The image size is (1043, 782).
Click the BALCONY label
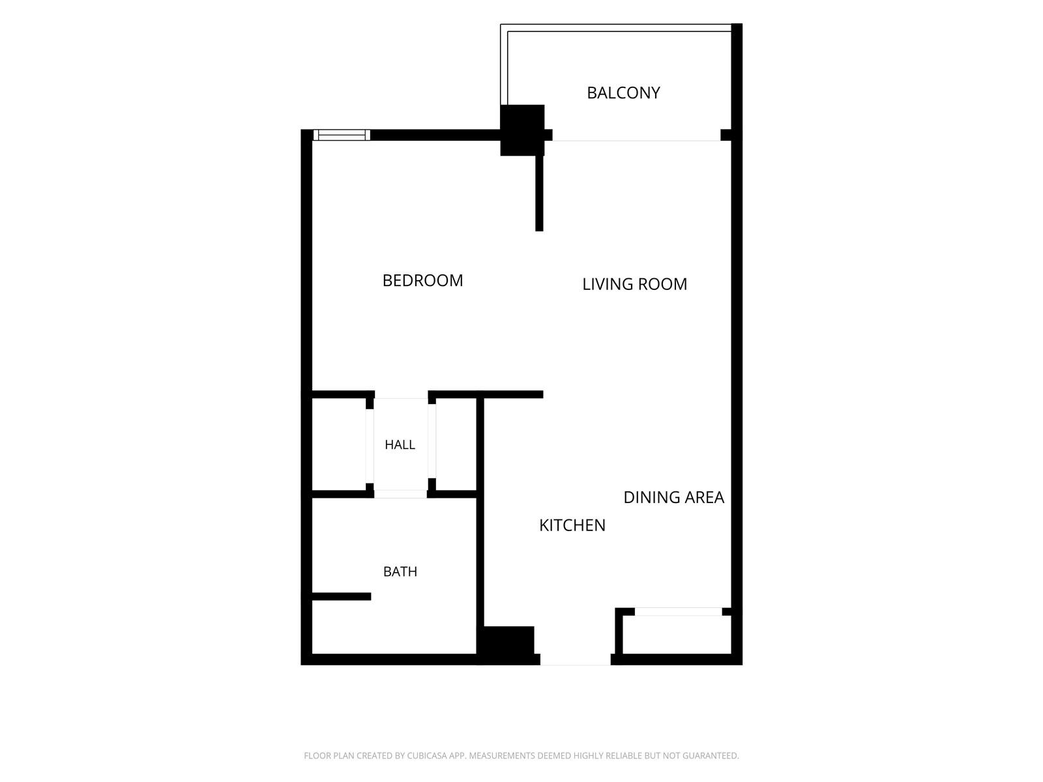click(x=623, y=93)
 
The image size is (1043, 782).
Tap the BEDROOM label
click(x=422, y=281)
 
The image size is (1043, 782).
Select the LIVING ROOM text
click(x=634, y=284)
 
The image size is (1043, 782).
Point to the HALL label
click(x=400, y=444)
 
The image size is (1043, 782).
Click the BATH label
click(x=400, y=572)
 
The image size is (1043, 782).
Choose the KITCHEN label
click(x=572, y=525)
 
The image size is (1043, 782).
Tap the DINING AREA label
click(x=673, y=497)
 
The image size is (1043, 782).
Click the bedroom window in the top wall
click(x=342, y=135)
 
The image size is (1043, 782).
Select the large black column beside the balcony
click(x=522, y=130)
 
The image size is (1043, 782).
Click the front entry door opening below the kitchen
click(x=576, y=659)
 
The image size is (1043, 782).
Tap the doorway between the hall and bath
click(x=400, y=494)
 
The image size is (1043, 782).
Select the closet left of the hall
click(x=339, y=444)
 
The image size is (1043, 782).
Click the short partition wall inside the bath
click(x=342, y=596)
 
